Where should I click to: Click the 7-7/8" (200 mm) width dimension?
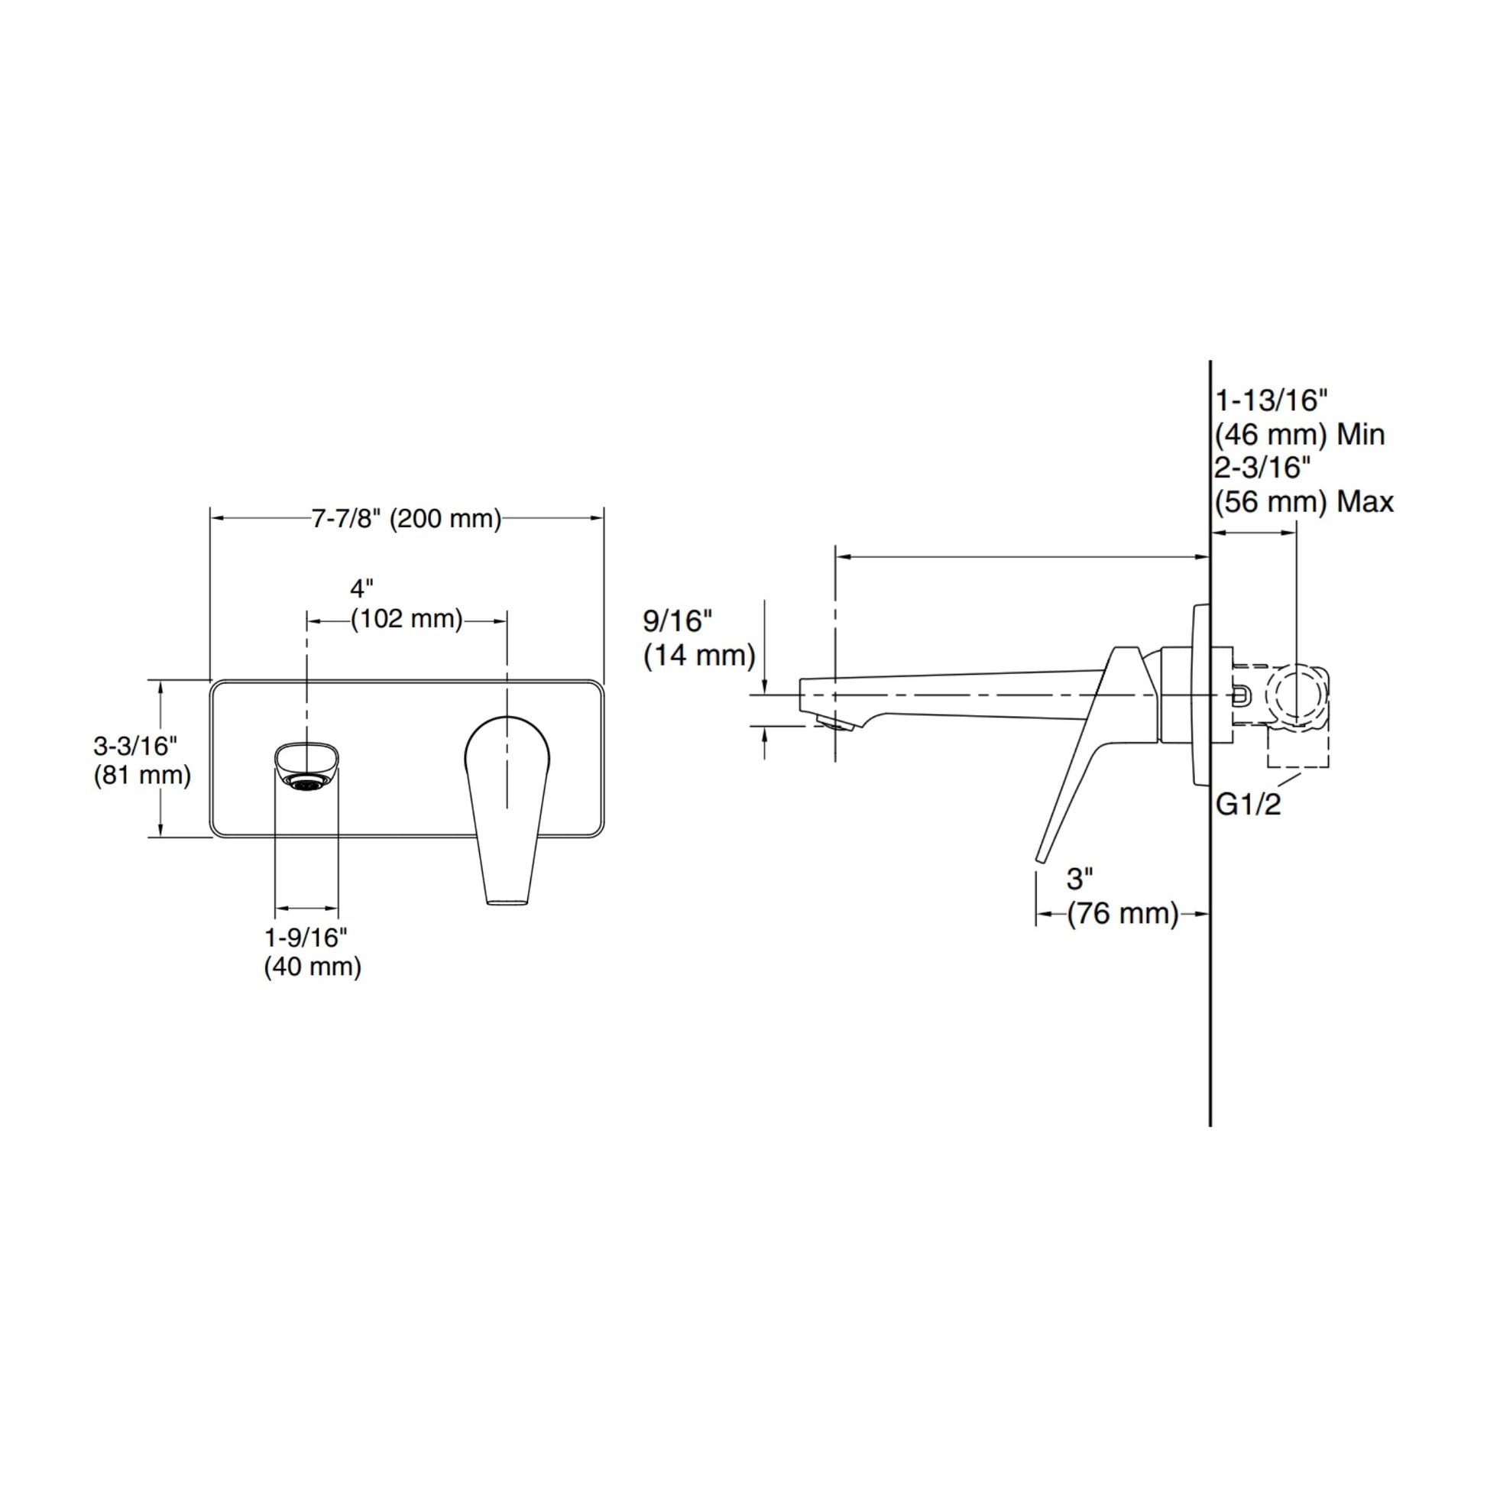407,519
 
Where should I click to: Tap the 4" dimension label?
361,589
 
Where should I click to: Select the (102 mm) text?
407,619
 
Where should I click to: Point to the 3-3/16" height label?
135,746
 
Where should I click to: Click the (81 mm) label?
142,775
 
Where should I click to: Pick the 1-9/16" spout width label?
306,938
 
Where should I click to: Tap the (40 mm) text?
313,967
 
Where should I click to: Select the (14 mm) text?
700,656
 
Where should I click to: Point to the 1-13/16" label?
1272,400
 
